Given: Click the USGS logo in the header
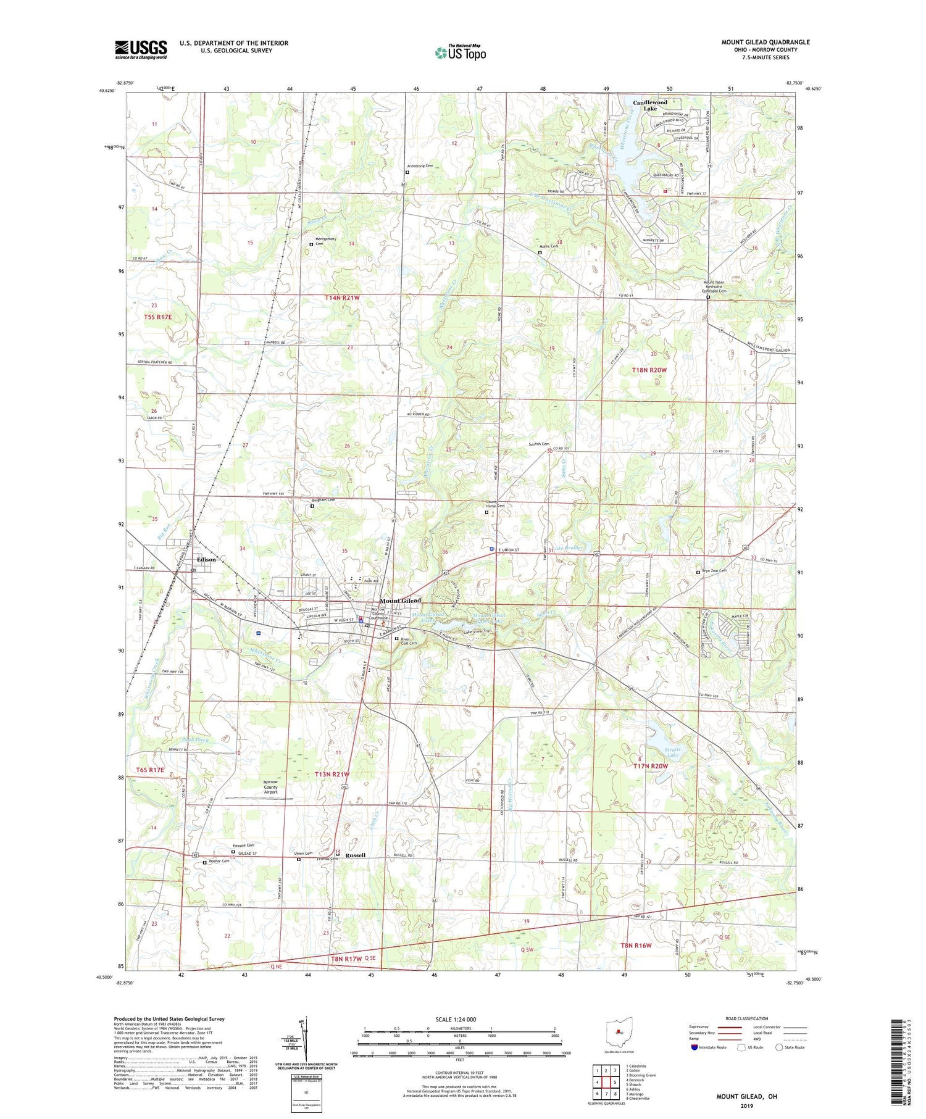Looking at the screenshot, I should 141,49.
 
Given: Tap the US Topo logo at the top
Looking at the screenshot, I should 460,53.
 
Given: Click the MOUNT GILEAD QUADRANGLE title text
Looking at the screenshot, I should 765,42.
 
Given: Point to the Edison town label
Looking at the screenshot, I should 206,559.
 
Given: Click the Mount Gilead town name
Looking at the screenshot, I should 400,600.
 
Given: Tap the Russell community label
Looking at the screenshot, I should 356,855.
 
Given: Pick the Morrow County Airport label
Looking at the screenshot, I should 270,787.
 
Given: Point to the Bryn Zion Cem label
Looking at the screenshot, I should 714,571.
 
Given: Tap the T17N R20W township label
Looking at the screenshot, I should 651,766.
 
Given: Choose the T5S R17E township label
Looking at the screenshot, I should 157,317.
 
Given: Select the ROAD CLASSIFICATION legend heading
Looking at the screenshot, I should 747,1018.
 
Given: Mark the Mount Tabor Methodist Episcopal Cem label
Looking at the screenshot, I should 715,287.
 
